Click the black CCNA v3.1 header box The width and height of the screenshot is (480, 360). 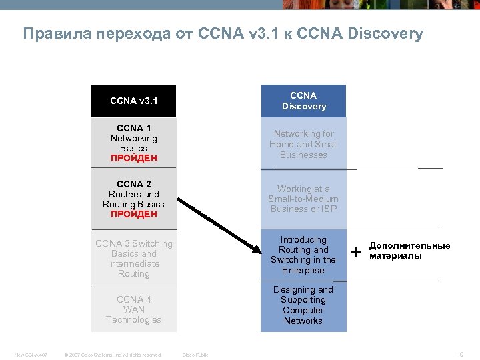[x=133, y=101]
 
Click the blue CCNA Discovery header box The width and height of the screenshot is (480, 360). [x=303, y=101]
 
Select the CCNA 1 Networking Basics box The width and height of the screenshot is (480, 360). [x=133, y=142]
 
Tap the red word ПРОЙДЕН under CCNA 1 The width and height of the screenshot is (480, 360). [x=134, y=159]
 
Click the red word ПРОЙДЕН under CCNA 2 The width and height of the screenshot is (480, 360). [x=134, y=215]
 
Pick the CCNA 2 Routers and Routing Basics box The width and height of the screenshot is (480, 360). [x=133, y=199]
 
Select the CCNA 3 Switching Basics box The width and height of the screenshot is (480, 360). [x=133, y=258]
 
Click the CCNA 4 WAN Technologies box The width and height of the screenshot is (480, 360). [x=133, y=309]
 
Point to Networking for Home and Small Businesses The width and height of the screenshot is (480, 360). [x=303, y=144]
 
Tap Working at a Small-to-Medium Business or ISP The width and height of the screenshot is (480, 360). [x=303, y=199]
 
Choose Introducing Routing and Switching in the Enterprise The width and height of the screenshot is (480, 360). [x=303, y=255]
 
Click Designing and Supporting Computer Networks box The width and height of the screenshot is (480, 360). [x=303, y=305]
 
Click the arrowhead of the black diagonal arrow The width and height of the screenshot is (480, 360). [x=257, y=249]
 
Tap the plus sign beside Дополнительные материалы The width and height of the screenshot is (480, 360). [x=357, y=252]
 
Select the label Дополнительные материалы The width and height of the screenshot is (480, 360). [x=409, y=251]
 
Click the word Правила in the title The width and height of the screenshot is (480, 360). [x=50, y=33]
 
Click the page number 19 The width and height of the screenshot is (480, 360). [x=460, y=355]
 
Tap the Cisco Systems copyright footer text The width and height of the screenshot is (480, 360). [x=112, y=355]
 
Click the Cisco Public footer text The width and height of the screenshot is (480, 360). [x=195, y=355]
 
